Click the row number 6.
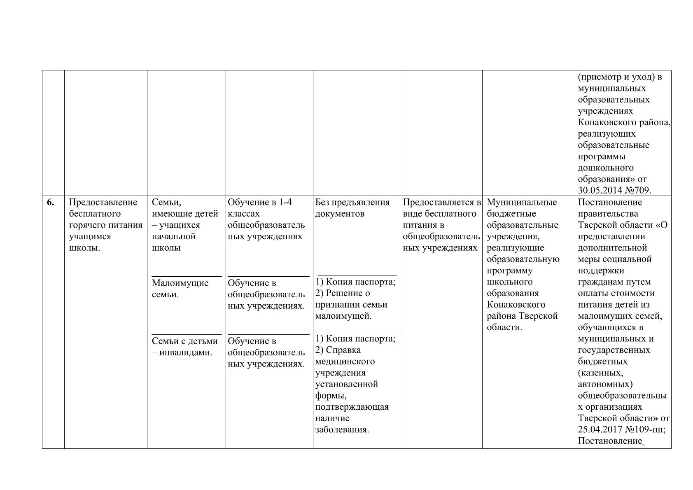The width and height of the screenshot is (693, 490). [50, 202]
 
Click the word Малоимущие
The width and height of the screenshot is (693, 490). [180, 283]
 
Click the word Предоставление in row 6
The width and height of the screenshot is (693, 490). [103, 202]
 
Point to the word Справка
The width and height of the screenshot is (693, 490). [343, 350]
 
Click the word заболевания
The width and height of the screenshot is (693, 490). [342, 430]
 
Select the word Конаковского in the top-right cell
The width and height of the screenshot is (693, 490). [605, 123]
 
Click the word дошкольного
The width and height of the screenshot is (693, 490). [606, 168]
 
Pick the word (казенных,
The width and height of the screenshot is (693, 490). [600, 373]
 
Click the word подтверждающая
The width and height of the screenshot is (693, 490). [352, 407]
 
